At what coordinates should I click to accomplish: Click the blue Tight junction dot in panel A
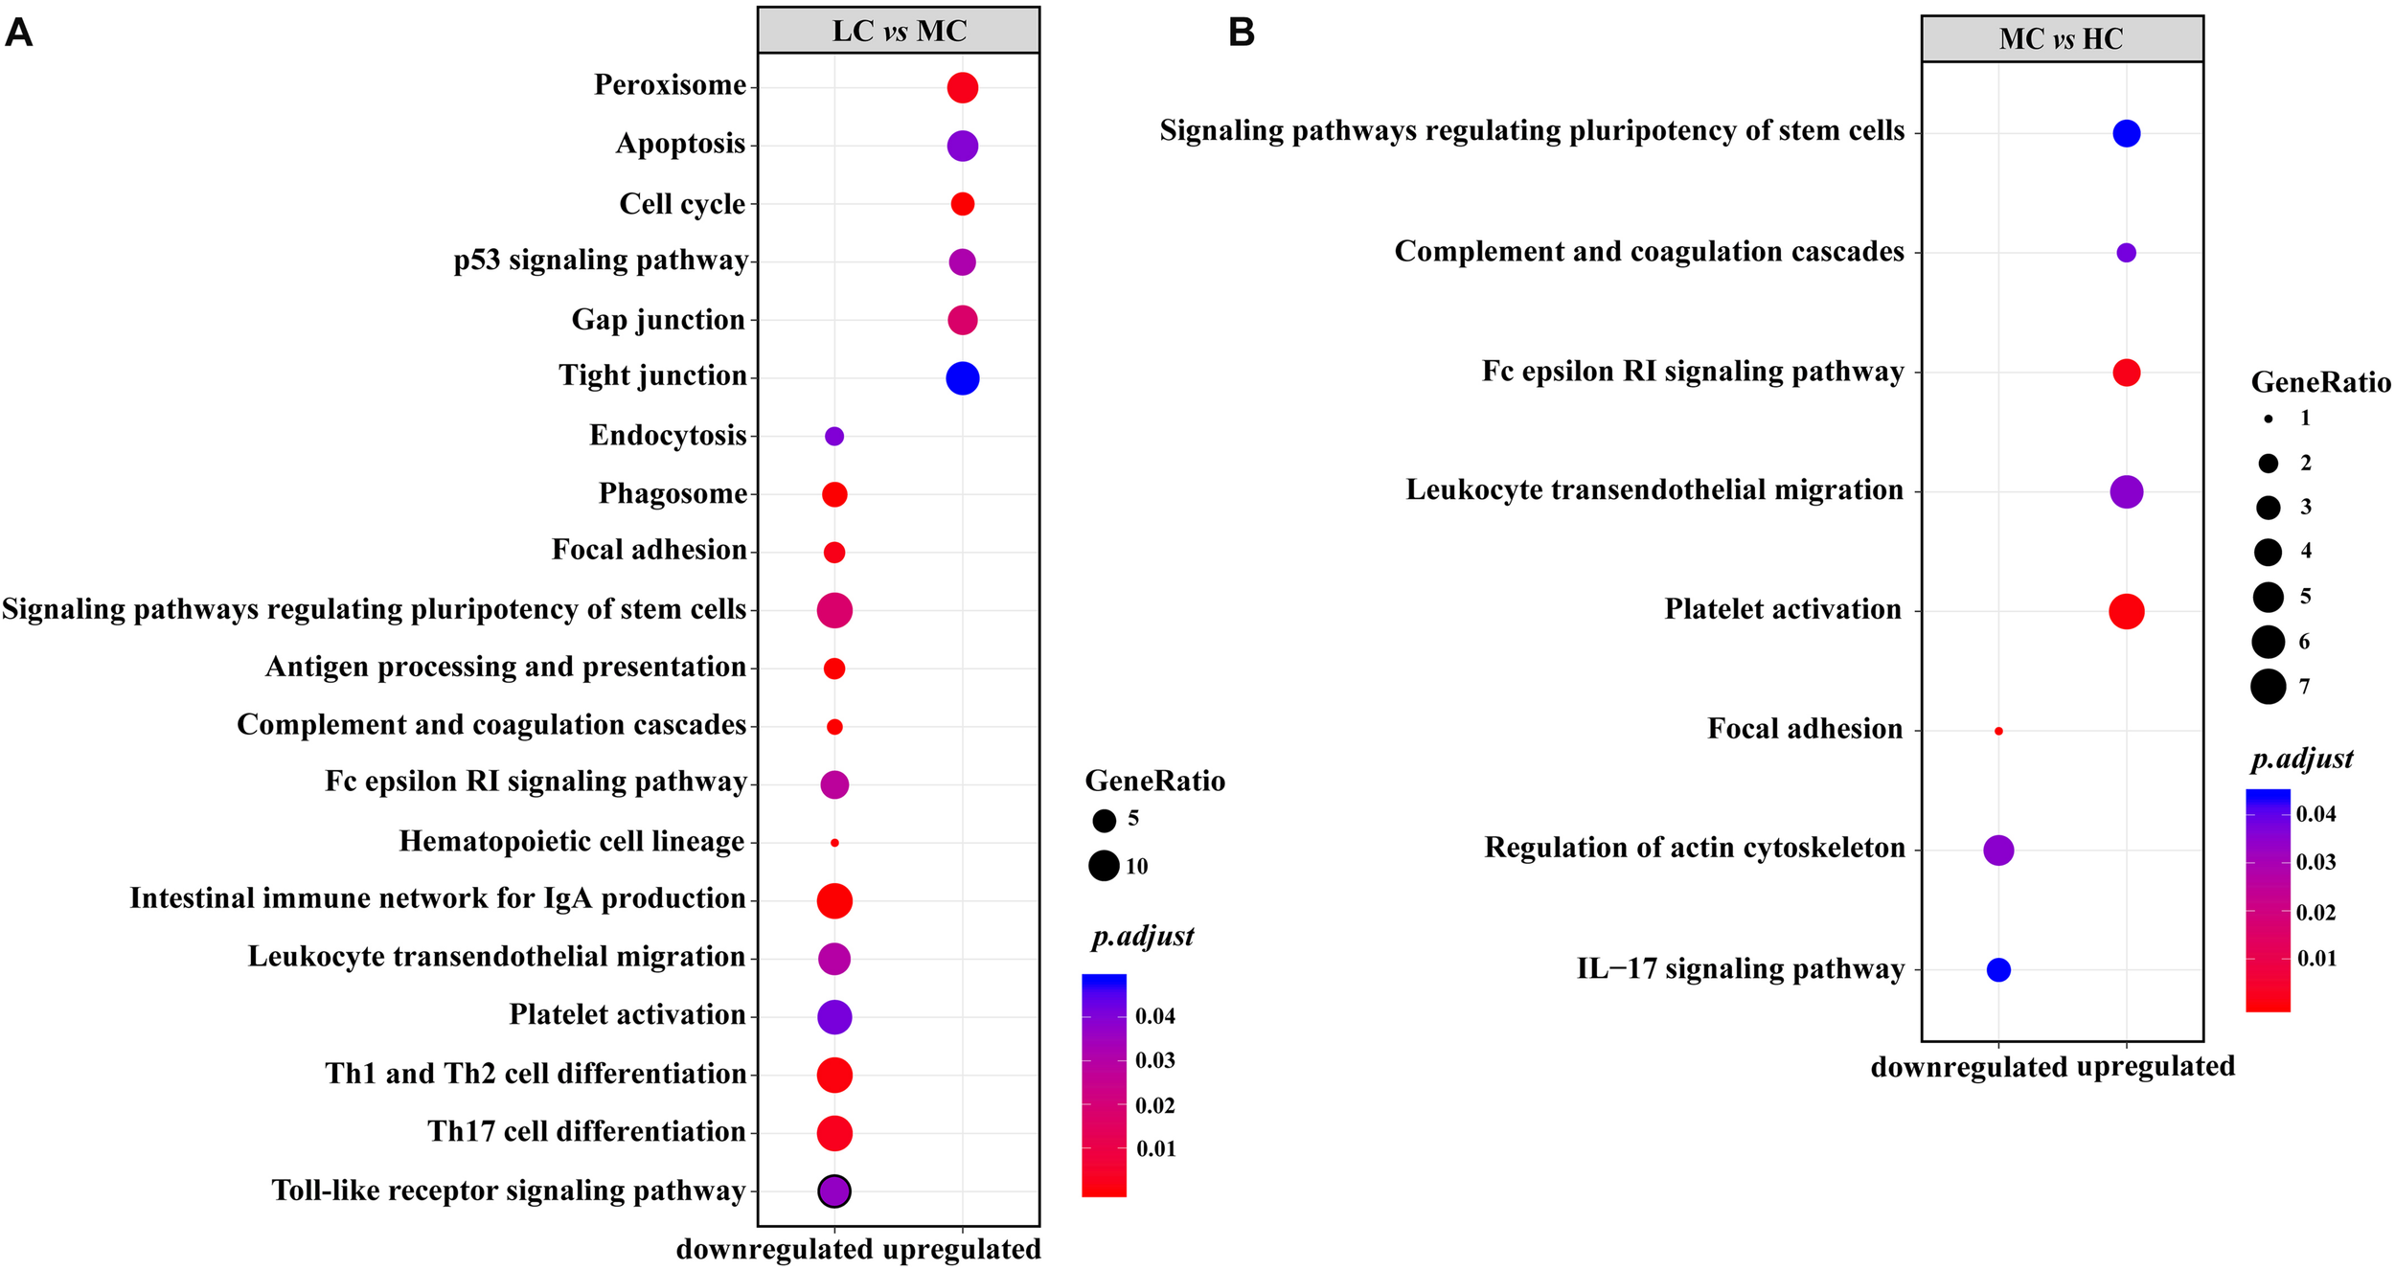[962, 378]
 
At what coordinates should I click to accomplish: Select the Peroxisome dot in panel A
[962, 88]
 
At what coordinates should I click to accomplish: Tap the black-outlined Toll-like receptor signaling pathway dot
[834, 1191]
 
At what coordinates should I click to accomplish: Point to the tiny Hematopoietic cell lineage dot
[834, 843]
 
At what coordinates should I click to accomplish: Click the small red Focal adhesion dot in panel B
[1998, 731]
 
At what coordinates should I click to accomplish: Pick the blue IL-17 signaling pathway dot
[1998, 970]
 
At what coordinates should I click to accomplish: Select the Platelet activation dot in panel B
[2126, 611]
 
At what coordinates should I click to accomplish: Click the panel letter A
[19, 34]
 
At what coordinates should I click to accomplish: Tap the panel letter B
[1242, 34]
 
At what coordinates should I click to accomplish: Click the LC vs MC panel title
[899, 32]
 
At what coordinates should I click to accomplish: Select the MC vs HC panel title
[2061, 39]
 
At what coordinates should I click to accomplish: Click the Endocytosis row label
[668, 436]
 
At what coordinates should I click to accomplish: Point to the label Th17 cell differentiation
[586, 1132]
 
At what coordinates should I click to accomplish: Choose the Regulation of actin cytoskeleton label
[1694, 849]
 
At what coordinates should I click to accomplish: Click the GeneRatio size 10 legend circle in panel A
[1104, 866]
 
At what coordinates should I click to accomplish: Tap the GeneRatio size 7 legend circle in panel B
[2268, 687]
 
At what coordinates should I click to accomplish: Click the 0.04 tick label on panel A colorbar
[1155, 1016]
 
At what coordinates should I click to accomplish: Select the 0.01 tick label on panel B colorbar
[2316, 959]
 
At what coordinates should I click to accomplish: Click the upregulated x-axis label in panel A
[962, 1250]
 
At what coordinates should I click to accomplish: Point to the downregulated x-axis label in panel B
[1947, 1067]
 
